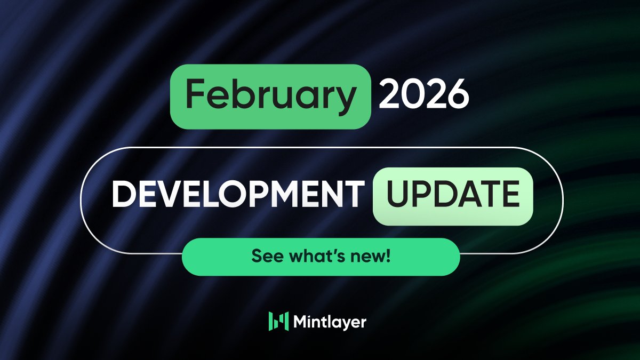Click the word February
[270, 96]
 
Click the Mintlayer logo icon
[278, 321]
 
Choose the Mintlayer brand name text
[330, 322]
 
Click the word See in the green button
[263, 257]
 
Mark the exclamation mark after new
[388, 257]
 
